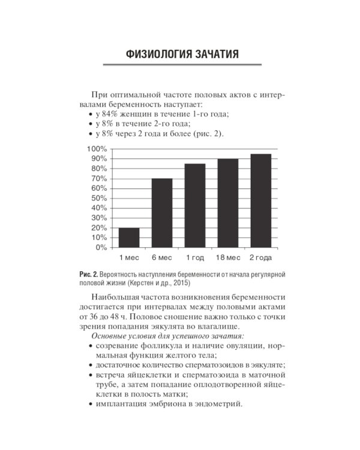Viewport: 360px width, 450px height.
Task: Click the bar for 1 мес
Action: [x=128, y=237]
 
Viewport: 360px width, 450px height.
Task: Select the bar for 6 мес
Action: [x=161, y=212]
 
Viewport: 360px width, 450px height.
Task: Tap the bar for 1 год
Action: [x=194, y=205]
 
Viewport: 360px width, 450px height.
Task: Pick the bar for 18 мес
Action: [x=227, y=203]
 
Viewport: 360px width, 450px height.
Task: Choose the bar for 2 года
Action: [x=260, y=200]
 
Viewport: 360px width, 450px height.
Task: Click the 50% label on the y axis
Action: [x=99, y=198]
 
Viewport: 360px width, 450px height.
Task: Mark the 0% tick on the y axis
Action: [x=101, y=247]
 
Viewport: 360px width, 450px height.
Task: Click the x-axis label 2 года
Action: [x=260, y=258]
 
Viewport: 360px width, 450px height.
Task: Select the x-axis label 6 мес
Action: [x=161, y=258]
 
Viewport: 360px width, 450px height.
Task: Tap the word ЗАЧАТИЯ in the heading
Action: [x=215, y=54]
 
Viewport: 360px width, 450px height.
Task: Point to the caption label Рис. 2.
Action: [x=88, y=274]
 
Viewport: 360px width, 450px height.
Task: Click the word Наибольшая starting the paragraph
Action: [x=116, y=298]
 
